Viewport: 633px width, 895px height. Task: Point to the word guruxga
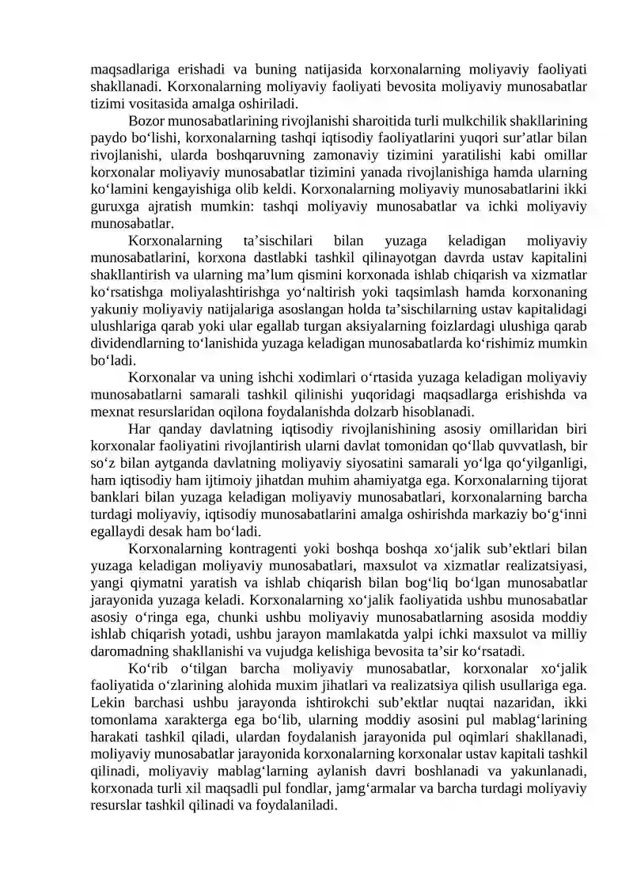click(x=115, y=207)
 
